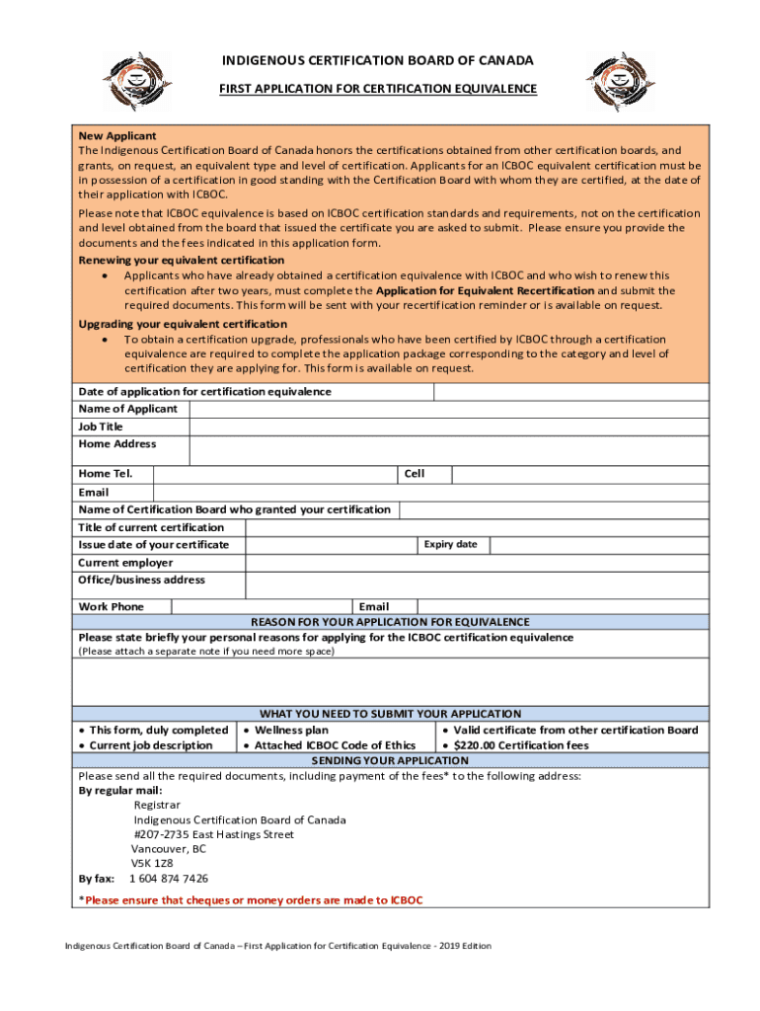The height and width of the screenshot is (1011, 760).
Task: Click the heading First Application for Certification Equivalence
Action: coord(378,89)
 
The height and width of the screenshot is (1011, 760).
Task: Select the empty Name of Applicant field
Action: coord(448,409)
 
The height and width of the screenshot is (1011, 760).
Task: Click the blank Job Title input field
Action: coord(448,427)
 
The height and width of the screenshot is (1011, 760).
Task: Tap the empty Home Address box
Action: coord(448,450)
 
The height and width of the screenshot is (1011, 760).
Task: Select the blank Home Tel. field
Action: coord(275,474)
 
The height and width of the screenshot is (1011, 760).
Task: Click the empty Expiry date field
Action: coord(598,545)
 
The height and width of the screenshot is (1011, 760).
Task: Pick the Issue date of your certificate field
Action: coord(330,545)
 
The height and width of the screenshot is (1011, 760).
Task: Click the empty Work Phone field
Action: coord(262,606)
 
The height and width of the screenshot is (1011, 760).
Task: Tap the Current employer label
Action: coord(125,563)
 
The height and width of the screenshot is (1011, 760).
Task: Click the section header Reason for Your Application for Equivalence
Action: coord(390,622)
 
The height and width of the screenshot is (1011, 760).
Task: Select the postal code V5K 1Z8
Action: coord(152,862)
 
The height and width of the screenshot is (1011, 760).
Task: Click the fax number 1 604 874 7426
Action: coord(169,878)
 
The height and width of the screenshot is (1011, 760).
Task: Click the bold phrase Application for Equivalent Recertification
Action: coord(485,291)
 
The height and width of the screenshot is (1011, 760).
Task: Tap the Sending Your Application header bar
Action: coord(390,760)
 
